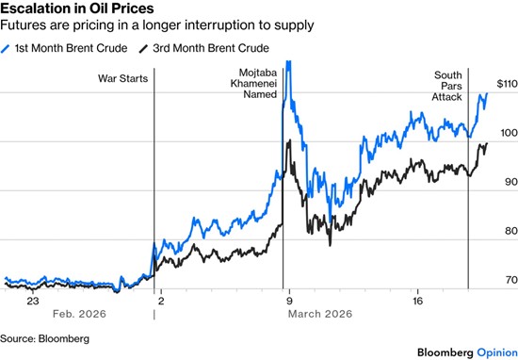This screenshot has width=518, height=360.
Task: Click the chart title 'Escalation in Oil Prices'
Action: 77,8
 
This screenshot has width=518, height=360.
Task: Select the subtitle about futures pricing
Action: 157,25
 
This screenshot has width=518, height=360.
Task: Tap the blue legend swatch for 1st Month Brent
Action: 6,49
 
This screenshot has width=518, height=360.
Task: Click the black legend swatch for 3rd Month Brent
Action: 143,49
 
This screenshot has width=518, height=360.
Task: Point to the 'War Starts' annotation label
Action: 122,78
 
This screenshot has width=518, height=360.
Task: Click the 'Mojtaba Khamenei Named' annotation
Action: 253,83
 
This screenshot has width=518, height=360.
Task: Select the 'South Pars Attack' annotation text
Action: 447,86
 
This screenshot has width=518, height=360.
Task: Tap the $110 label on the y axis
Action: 508,84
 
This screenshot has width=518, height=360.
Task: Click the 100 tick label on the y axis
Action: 510,133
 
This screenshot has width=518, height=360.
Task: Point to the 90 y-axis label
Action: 511,182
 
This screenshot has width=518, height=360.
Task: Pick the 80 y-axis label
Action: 511,231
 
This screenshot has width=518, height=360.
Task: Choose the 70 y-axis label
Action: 511,280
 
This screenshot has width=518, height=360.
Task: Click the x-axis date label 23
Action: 33,302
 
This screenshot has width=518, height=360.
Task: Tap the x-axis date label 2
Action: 161,302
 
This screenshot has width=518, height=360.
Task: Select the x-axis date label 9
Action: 289,302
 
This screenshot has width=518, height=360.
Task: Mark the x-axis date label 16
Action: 417,302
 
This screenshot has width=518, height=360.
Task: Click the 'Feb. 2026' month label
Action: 79,314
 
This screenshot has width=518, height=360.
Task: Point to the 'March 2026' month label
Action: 320,314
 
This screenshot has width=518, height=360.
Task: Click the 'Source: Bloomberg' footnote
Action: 44,339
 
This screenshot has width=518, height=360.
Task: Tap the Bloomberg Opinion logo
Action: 467,352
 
